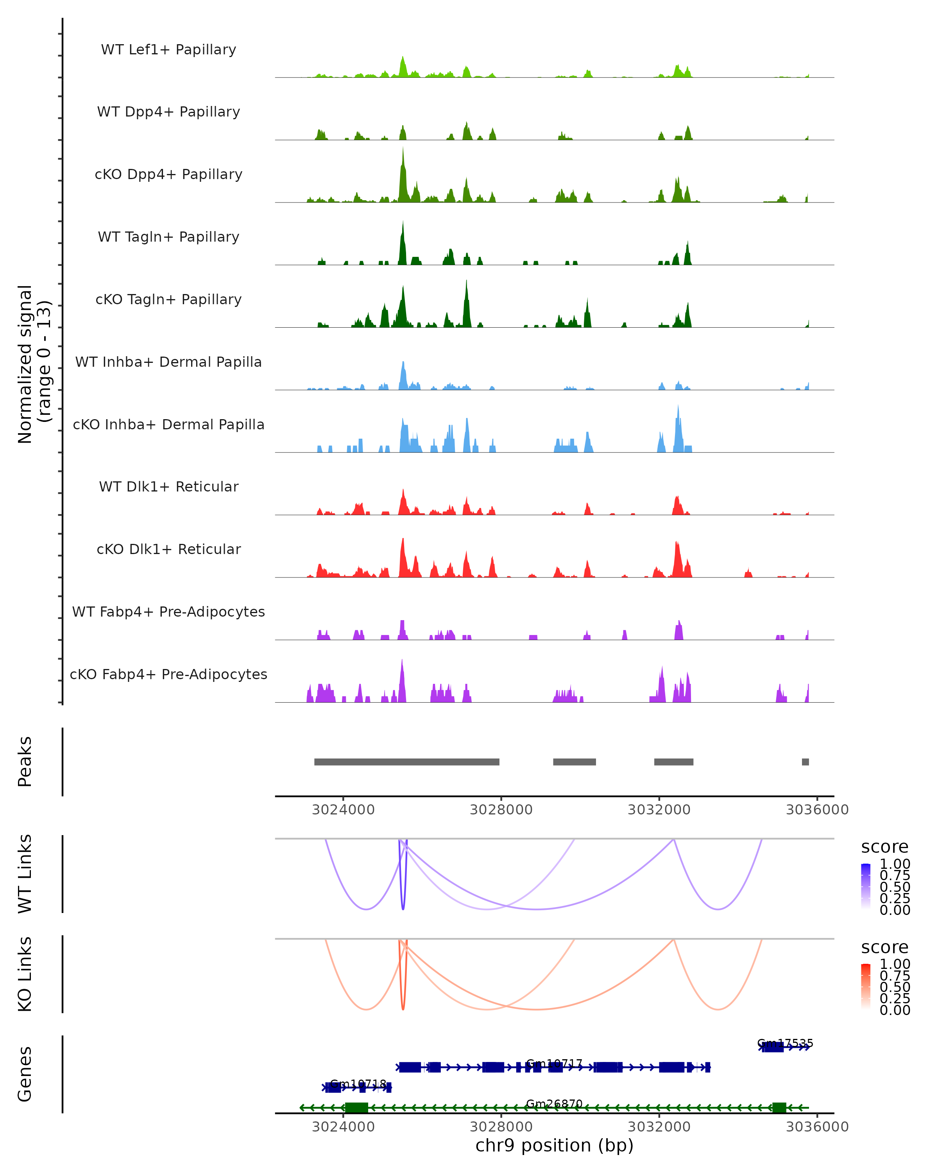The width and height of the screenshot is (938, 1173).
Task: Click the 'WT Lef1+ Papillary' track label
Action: point(168,50)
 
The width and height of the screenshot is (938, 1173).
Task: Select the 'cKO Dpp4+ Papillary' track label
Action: point(168,174)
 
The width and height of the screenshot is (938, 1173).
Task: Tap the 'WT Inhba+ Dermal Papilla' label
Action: point(168,362)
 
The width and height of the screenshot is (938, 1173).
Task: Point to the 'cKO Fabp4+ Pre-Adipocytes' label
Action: point(168,674)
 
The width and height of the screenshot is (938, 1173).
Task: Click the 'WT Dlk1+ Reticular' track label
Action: point(168,486)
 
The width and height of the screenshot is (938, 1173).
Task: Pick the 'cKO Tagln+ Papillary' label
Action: point(168,299)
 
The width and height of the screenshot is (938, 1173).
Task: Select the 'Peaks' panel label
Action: point(25,761)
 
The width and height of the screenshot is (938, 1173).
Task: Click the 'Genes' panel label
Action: point(25,1074)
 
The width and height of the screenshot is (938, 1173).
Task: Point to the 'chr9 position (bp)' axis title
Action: point(554,1145)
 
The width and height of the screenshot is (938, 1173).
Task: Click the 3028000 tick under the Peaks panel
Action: point(501,810)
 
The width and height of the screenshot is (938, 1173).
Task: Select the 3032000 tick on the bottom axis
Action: point(659,1127)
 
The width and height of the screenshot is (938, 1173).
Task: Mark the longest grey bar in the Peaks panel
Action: point(407,762)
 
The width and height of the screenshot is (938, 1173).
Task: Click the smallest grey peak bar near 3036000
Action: point(806,762)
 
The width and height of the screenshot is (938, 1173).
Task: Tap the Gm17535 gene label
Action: point(785,1043)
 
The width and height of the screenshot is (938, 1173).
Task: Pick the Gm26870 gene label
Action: point(554,1103)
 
